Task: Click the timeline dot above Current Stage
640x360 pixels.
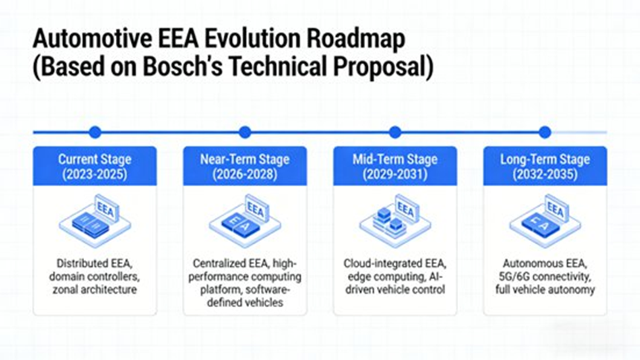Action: (94, 132)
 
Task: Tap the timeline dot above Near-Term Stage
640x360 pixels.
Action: (245, 132)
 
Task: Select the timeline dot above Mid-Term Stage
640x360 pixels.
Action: (395, 132)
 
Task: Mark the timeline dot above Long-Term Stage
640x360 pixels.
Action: (545, 132)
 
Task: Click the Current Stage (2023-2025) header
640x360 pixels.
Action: (94, 166)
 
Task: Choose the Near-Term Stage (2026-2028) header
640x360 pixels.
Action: (245, 166)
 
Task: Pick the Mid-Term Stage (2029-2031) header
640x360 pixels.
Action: (395, 166)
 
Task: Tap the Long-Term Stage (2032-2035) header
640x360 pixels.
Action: (545, 166)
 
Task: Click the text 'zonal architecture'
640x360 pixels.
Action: (94, 289)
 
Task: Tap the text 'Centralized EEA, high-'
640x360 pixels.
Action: (245, 263)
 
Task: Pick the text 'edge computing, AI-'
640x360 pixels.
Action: (395, 276)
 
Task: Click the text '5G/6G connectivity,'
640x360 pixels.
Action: (545, 276)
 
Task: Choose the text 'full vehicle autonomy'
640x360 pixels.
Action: (545, 289)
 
